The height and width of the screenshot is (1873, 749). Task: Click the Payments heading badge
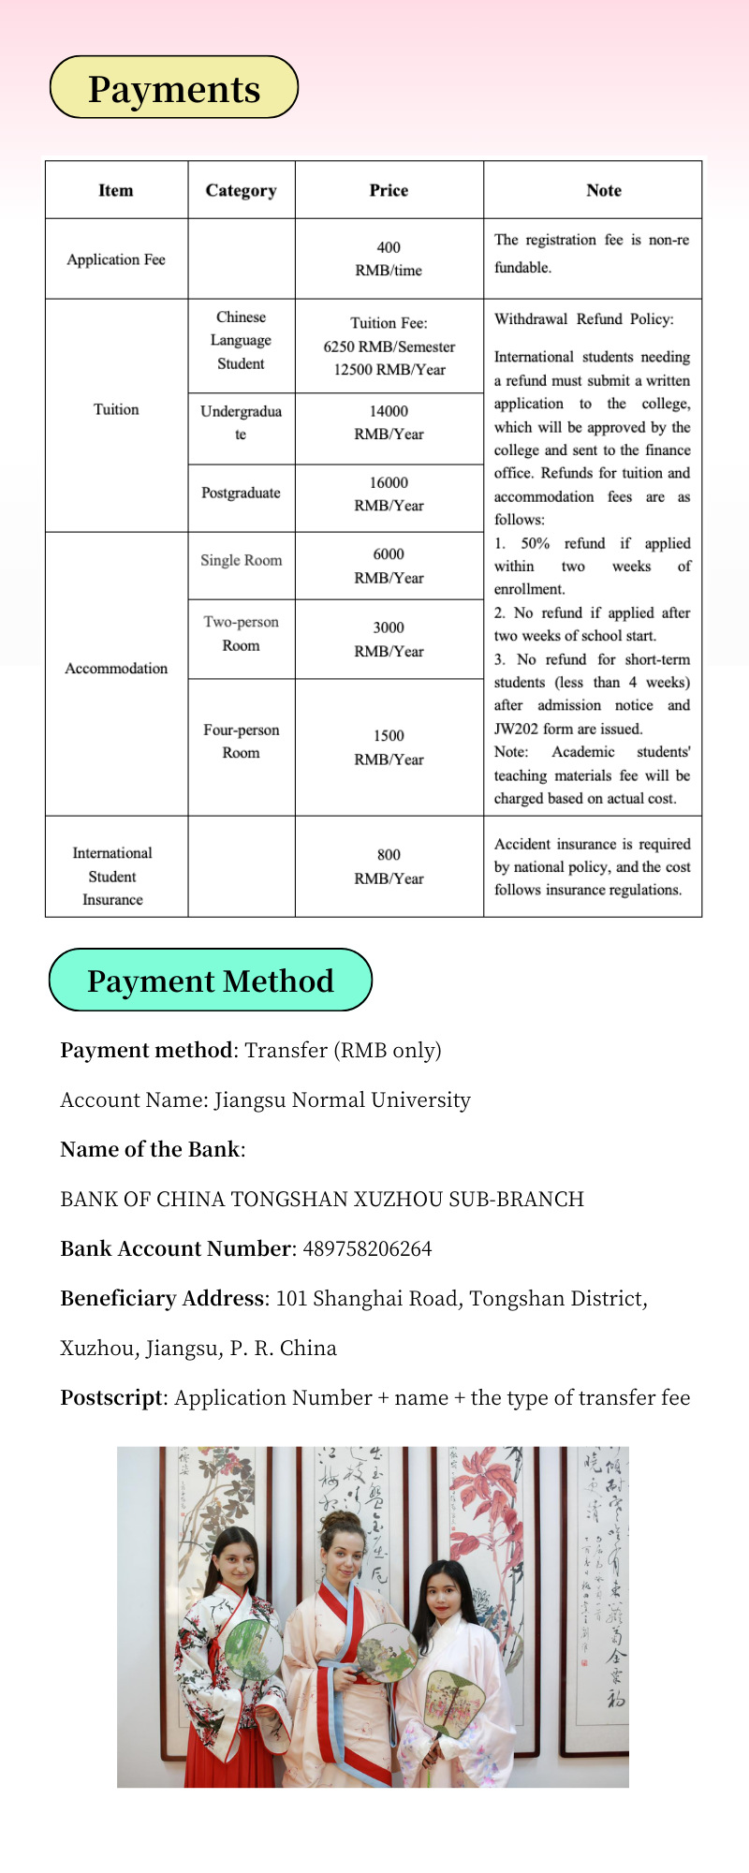point(174,88)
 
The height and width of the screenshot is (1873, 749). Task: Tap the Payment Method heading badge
point(211,981)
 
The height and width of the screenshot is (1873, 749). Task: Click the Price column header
point(389,190)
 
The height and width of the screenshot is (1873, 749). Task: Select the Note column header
point(604,190)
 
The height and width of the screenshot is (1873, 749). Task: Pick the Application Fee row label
point(116,259)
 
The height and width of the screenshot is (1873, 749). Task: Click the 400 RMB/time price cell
point(389,258)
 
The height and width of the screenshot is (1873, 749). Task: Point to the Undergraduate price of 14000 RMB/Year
point(389,422)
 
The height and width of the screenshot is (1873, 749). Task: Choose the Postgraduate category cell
point(241,493)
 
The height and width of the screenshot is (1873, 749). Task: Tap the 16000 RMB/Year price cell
point(389,494)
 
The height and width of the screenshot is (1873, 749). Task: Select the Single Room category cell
point(241,560)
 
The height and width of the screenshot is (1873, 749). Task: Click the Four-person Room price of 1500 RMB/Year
point(389,747)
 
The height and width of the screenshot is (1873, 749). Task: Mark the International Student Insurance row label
point(112,876)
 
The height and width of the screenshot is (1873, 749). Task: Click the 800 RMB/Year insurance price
point(389,866)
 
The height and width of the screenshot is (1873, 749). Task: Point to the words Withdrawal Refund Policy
point(583,319)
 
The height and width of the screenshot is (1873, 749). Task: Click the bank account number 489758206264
point(367,1248)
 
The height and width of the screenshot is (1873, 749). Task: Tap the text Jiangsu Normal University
point(342,1099)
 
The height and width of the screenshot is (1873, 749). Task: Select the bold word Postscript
point(111,1397)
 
